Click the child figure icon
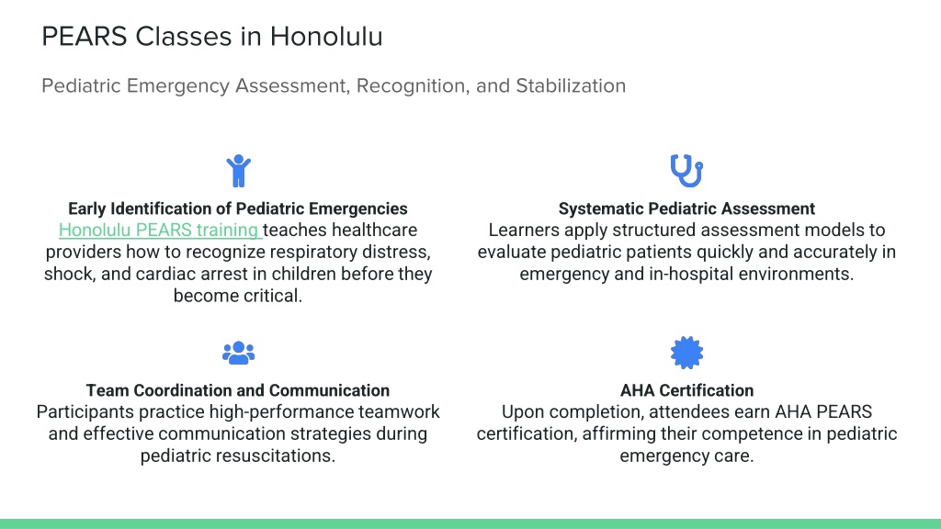(238, 171)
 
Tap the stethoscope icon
(686, 171)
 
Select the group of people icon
(238, 353)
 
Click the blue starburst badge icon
(686, 353)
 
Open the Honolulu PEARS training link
(159, 230)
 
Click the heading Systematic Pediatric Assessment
(686, 208)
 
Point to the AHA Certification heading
(686, 390)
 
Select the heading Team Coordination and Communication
(238, 390)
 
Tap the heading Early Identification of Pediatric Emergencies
(238, 208)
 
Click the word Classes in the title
(183, 37)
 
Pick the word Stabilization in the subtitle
(571, 85)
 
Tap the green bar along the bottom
(470, 523)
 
